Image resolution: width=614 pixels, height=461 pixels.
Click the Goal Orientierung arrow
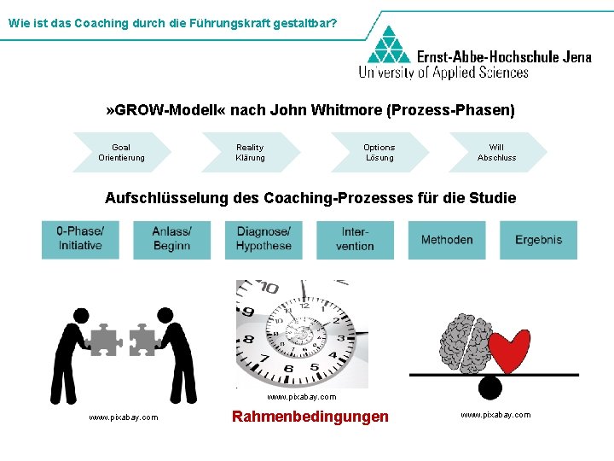122,153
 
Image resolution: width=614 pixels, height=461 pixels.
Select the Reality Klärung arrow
251,153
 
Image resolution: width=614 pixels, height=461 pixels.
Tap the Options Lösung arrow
379,153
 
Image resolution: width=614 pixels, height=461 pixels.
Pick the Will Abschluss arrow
497,153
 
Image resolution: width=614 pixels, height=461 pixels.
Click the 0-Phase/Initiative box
80,240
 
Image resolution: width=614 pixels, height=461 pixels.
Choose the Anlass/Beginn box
171,240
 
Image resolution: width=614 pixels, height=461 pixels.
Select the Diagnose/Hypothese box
264,240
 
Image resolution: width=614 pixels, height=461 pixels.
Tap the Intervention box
355,240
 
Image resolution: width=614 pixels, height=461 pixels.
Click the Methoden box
447,240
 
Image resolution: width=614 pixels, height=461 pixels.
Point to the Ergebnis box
538,240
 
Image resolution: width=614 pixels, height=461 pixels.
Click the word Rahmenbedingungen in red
310,417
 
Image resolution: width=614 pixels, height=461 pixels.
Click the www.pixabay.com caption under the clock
301,397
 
